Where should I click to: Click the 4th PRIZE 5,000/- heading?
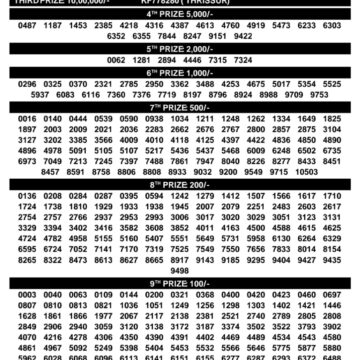point(179,12)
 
